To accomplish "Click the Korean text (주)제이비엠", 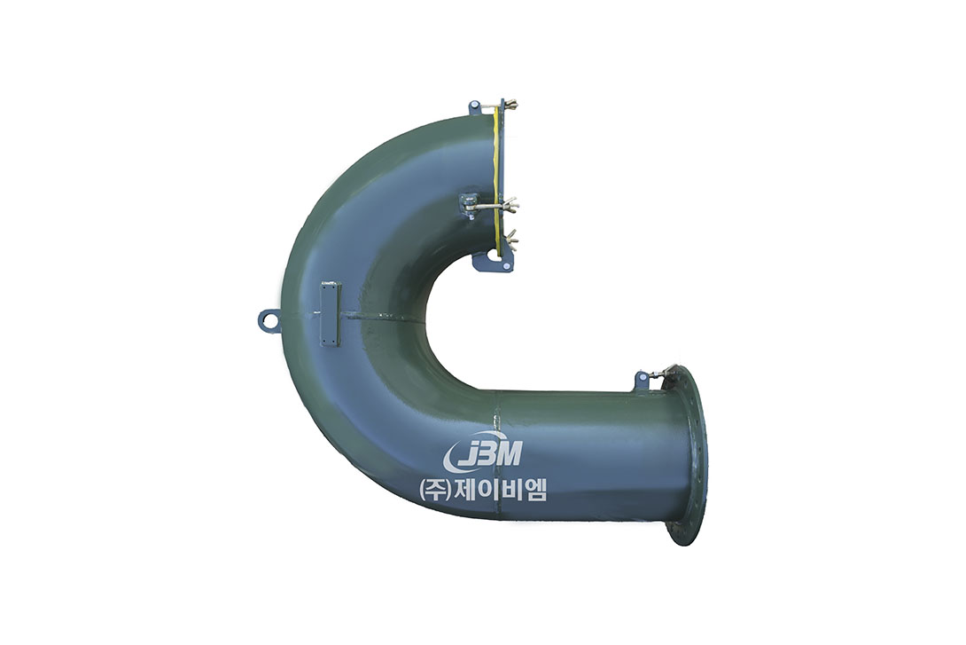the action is pyautogui.click(x=483, y=491).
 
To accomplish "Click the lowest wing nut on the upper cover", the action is pyautogui.click(x=511, y=237).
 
